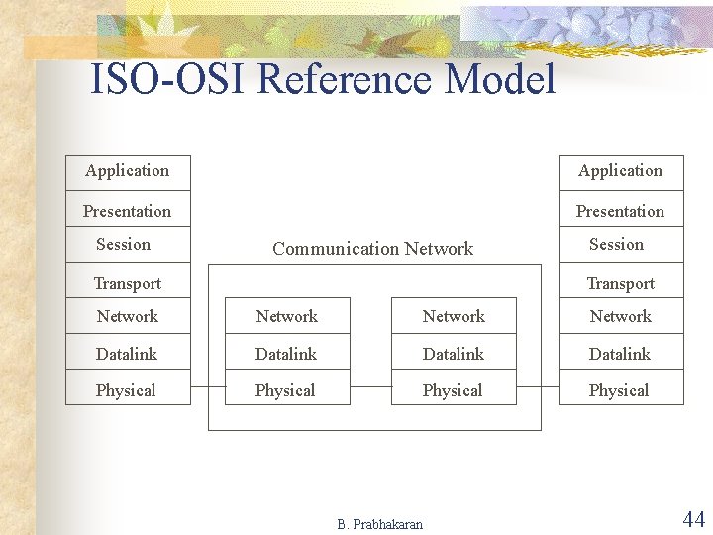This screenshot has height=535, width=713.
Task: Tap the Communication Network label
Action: coord(372,249)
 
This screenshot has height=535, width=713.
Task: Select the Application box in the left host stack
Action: coord(128,171)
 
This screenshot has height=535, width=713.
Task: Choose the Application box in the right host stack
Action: coord(621,171)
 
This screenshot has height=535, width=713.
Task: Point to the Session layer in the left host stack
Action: coord(124,244)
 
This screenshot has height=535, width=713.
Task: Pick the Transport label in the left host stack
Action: coord(128,283)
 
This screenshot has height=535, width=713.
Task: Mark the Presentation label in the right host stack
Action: coord(620,211)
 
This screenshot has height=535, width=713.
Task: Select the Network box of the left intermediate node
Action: coord(287,316)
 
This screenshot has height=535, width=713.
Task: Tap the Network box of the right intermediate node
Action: coord(454,316)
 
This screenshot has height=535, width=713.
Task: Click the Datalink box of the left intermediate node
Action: coord(287,354)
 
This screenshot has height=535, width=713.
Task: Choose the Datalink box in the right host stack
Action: coord(621,354)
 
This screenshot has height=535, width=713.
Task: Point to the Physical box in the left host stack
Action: coord(128,390)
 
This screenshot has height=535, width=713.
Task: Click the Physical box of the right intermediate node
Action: coord(454,390)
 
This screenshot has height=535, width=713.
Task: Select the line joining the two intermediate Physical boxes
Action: coord(370,387)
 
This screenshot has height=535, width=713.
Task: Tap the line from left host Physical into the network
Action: coord(207,387)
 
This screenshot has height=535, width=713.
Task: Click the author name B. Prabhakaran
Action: coord(379,524)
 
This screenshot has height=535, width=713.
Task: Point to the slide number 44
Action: coord(693,518)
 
